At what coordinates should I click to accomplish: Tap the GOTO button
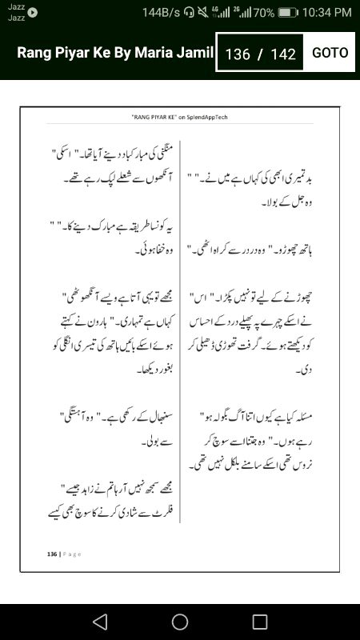pos(330,53)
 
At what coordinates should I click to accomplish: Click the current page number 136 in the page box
pos(238,54)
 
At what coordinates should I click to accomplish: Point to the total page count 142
pos(284,54)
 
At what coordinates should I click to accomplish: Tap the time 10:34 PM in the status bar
pos(327,12)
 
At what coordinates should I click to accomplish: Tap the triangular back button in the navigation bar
pos(99,622)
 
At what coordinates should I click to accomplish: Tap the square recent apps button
pos(260,622)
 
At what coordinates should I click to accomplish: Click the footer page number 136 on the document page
pos(53,554)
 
